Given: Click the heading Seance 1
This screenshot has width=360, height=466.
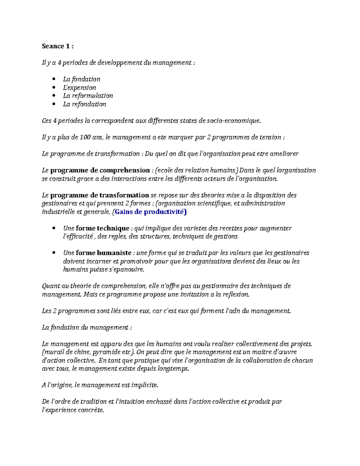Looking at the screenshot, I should (58, 46).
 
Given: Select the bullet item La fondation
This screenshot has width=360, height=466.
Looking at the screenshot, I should (81, 79).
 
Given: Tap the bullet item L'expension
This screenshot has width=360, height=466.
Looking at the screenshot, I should (79, 88).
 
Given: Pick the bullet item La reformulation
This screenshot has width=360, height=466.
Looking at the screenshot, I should (88, 96).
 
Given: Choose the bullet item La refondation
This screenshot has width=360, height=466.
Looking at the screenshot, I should (85, 104).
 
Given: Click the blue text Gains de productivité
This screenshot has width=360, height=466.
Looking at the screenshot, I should (151, 212).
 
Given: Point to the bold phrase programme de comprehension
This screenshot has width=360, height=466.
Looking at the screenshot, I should (100, 170).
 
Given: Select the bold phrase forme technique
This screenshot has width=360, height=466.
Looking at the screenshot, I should (102, 228).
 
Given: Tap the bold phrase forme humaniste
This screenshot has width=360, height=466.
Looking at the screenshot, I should (103, 253).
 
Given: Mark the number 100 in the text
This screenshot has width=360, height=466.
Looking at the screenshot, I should (85, 137).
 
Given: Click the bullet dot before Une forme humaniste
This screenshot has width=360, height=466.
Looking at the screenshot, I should (54, 253).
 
